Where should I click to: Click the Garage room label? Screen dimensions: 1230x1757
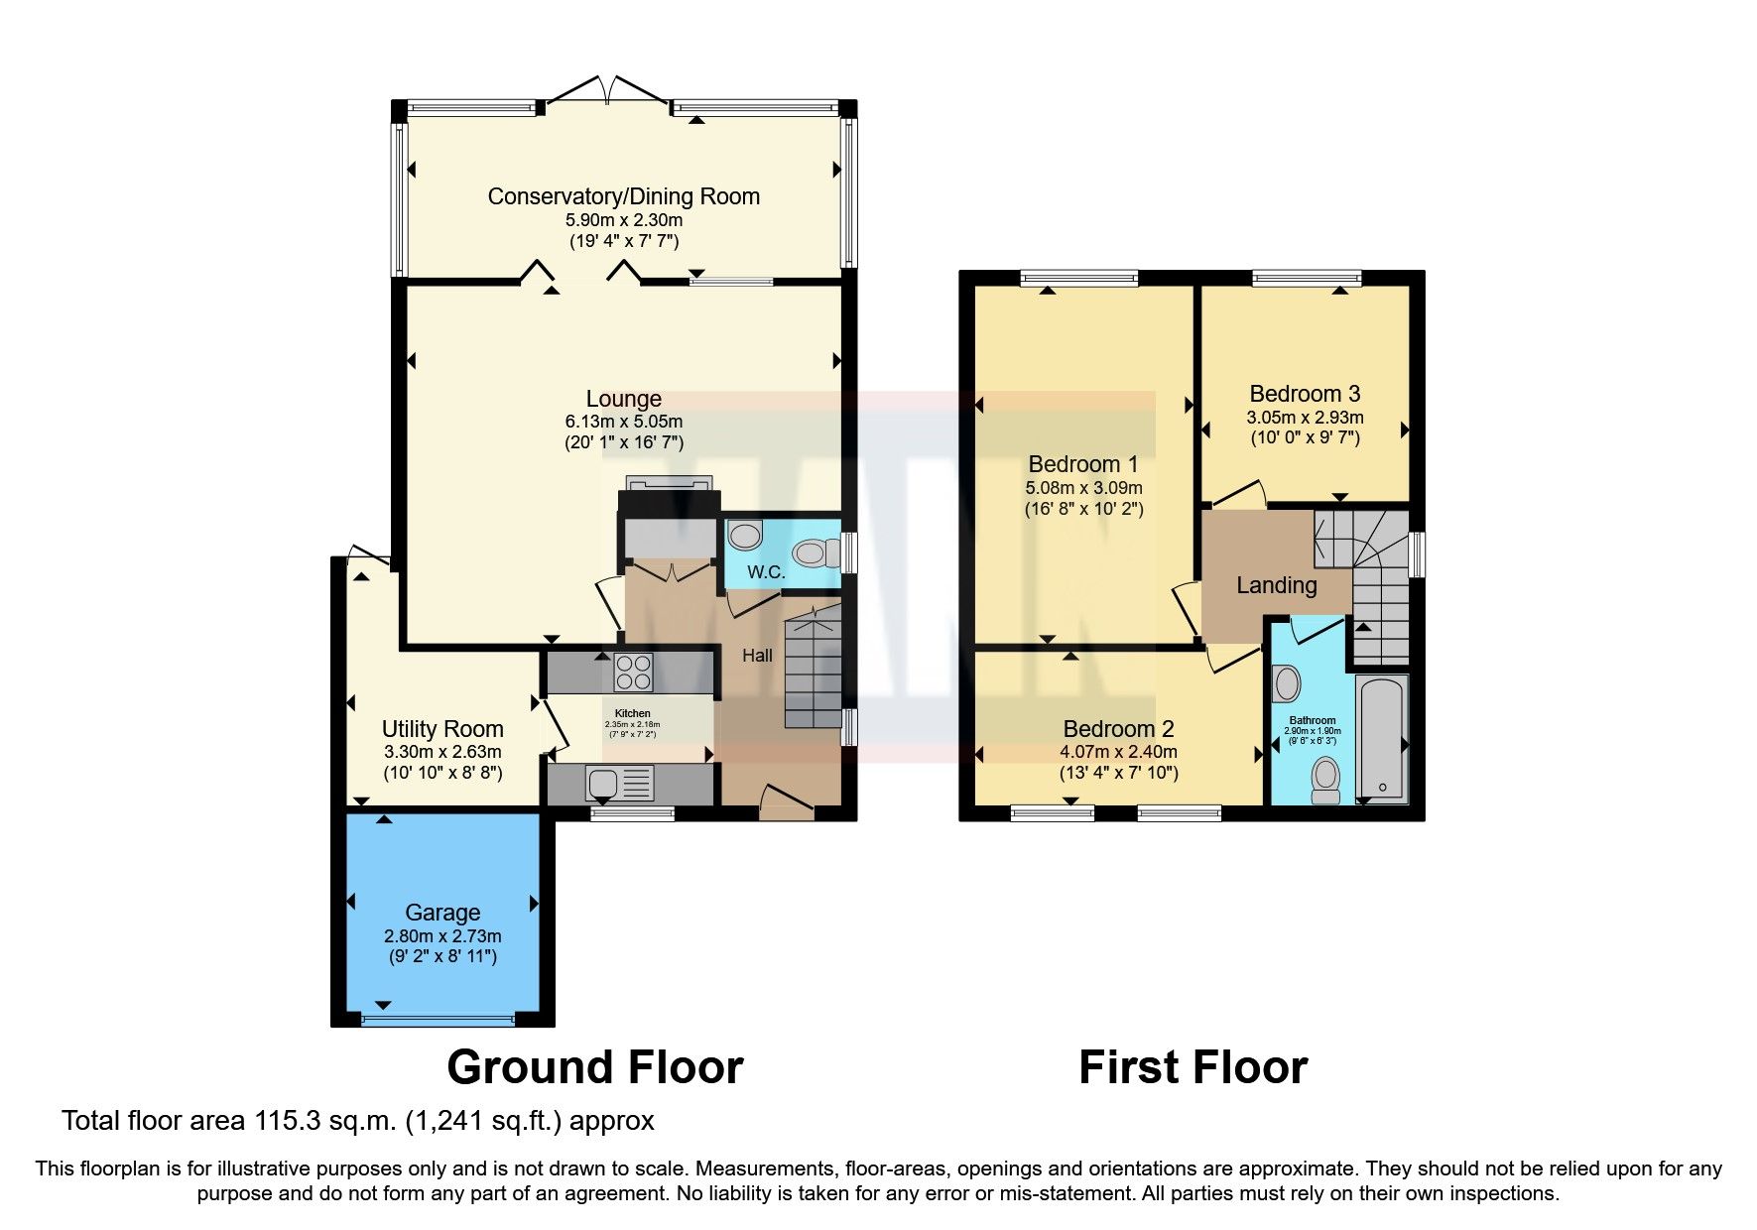442,913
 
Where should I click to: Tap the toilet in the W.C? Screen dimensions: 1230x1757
816,553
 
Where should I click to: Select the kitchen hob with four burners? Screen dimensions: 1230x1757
634,673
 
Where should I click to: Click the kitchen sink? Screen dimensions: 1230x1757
603,784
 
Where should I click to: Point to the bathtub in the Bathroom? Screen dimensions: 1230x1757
1381,739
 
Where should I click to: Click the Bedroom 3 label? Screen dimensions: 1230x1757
1305,394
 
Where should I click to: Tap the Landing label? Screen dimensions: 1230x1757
1276,585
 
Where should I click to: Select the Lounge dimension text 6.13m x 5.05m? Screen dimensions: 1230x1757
624,422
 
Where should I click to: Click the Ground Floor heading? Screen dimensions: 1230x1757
594,1067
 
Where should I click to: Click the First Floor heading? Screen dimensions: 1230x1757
1192,1067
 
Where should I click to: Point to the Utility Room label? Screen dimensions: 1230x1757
442,729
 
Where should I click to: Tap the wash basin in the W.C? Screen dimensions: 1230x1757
744,537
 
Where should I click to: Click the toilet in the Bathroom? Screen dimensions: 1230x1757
1325,781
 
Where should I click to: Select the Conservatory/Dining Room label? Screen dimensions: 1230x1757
623,196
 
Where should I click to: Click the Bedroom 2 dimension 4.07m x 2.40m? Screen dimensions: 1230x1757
1118,752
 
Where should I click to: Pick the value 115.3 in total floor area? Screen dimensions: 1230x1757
289,1121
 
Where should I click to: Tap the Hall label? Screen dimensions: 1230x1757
757,655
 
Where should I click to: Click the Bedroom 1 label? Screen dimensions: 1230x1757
1083,464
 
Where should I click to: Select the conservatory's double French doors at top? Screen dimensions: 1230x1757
606,91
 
